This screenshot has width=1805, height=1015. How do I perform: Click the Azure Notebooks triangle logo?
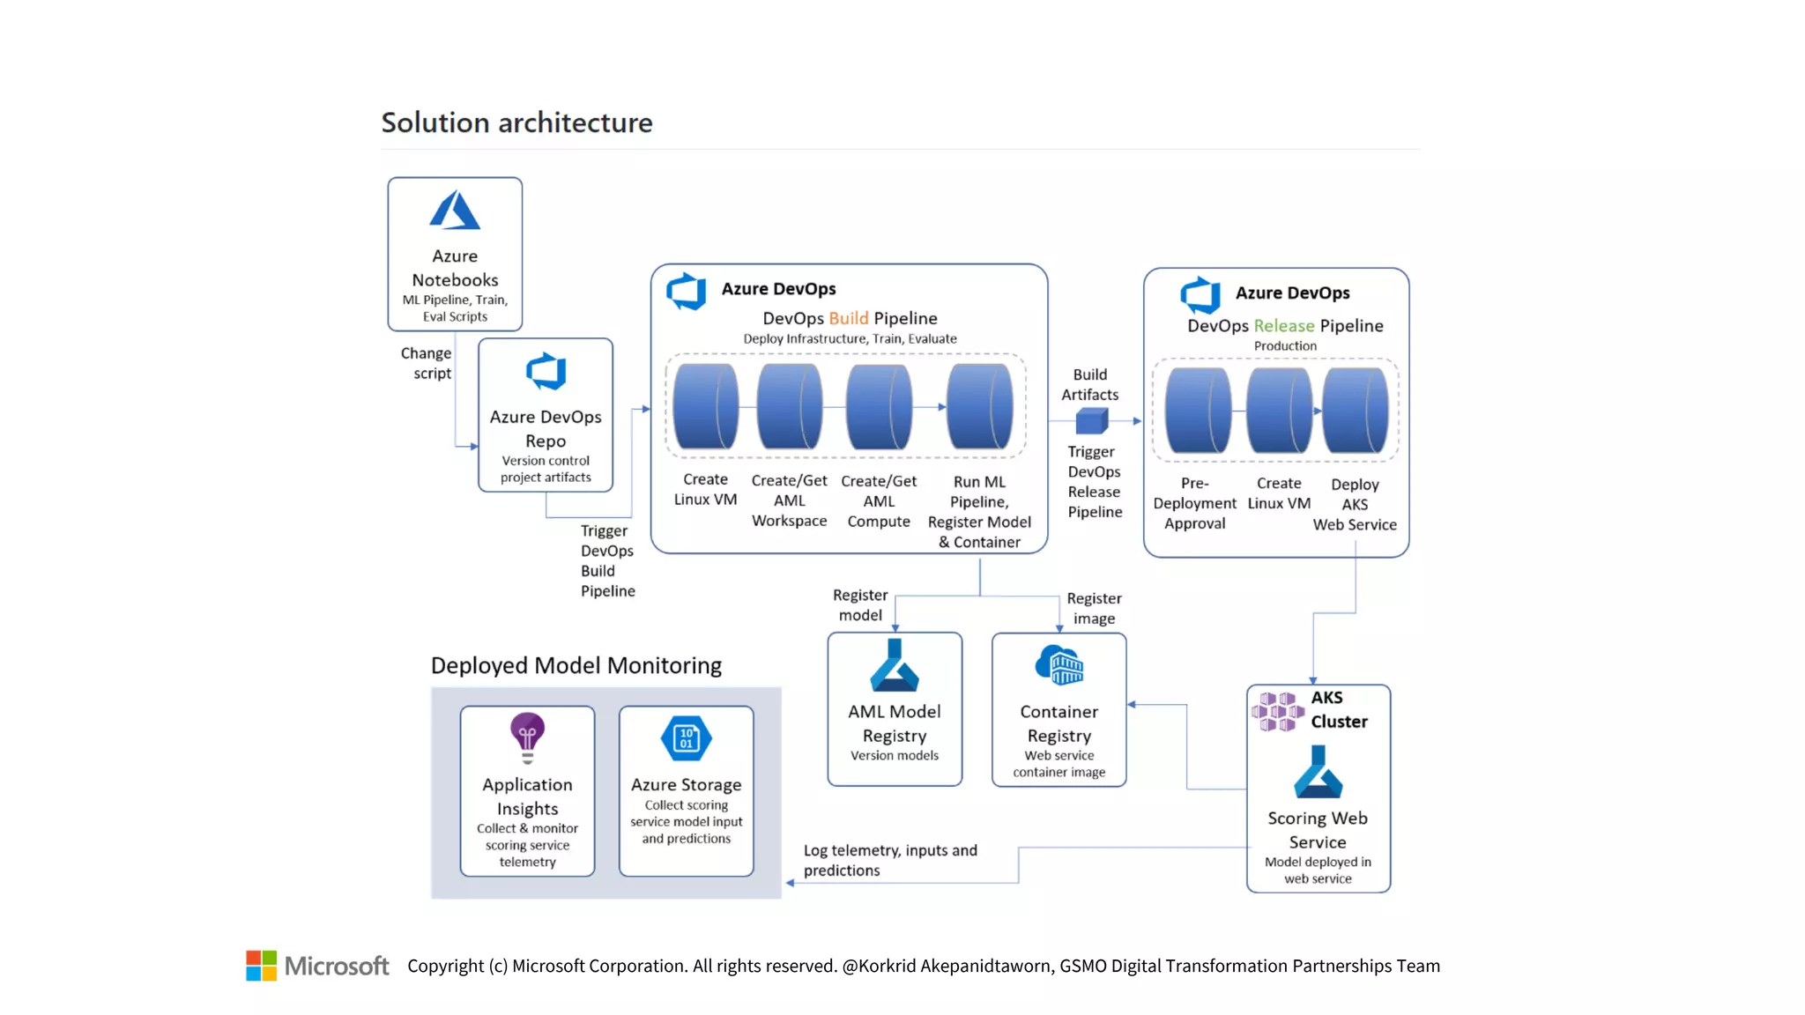click(x=455, y=211)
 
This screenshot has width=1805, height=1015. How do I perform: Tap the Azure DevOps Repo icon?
click(x=546, y=371)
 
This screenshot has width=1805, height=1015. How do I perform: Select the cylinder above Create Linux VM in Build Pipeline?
click(x=705, y=407)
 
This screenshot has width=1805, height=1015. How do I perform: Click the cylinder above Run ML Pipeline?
click(x=979, y=407)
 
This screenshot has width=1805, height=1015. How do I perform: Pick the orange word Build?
click(x=848, y=318)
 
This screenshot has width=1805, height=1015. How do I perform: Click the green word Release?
click(x=1283, y=326)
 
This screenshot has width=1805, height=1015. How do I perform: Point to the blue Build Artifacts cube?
click(x=1092, y=421)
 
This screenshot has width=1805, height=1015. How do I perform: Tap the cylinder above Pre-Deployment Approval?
click(x=1197, y=411)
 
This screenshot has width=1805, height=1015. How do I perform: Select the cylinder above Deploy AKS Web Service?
click(x=1355, y=411)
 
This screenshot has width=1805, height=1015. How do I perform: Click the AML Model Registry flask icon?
click(x=895, y=667)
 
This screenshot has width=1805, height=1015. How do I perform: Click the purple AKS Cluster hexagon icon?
click(x=1278, y=711)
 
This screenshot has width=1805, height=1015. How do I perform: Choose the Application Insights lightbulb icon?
click(x=527, y=737)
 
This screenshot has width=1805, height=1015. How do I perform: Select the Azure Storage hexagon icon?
click(x=686, y=738)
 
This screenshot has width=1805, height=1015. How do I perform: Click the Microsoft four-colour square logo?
click(x=261, y=966)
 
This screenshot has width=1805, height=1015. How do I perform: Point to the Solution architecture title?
click(x=516, y=122)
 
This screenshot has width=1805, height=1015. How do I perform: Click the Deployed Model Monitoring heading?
click(x=576, y=665)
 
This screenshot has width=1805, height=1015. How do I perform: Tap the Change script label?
click(x=427, y=363)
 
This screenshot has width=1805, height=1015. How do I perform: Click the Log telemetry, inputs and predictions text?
click(x=889, y=860)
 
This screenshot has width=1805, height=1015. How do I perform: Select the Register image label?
click(x=1094, y=608)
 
